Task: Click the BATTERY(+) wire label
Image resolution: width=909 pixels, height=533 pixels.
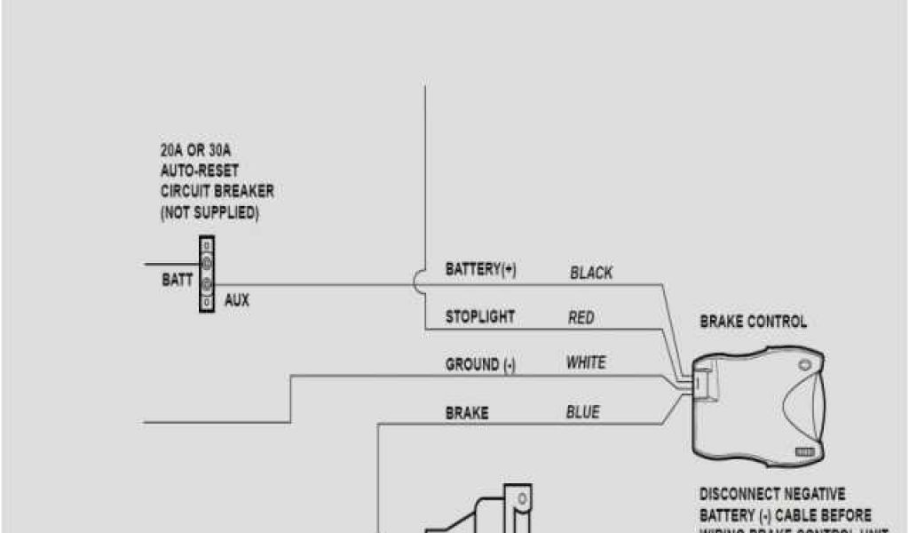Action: tap(480, 270)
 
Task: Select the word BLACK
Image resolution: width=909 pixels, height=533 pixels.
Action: tap(591, 273)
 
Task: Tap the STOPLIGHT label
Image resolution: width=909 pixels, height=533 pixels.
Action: tap(479, 316)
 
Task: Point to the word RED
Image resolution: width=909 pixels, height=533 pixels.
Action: tap(581, 317)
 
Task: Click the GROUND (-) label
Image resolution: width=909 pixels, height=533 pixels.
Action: tap(479, 364)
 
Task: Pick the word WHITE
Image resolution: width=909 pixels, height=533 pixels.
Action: tap(586, 362)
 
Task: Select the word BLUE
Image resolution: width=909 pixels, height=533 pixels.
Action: tap(582, 412)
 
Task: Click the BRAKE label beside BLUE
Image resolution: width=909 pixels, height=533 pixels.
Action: tap(466, 413)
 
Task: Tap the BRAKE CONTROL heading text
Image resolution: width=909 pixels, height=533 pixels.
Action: tap(754, 322)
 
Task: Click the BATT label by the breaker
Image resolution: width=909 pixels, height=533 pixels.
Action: tap(177, 280)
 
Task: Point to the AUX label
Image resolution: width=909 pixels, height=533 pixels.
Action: tap(237, 300)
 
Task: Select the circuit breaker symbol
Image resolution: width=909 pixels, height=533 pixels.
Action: tap(207, 274)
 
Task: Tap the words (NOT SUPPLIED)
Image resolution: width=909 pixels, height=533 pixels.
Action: tap(209, 212)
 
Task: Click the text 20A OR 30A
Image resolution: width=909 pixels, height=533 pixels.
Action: tap(195, 150)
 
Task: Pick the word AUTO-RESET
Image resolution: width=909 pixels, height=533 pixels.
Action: tap(199, 171)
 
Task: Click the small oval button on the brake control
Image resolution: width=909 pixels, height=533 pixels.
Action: tap(805, 365)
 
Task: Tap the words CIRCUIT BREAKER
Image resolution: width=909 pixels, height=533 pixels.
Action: tap(217, 191)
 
